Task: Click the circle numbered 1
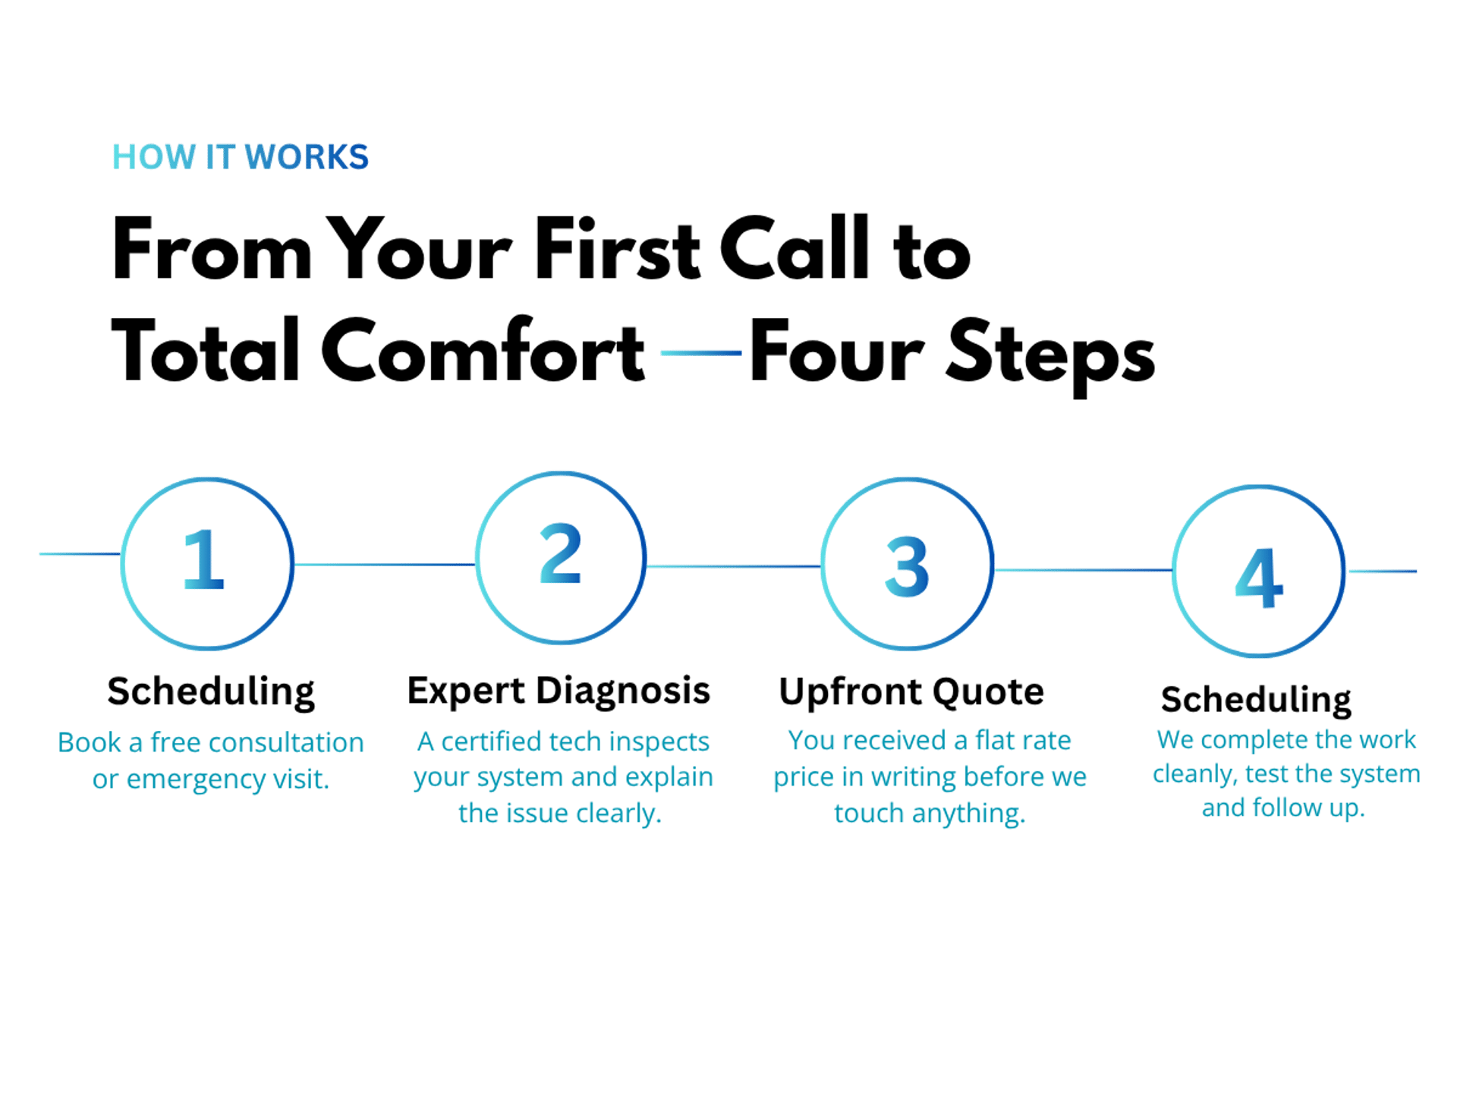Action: coord(206,563)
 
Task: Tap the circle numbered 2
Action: coord(561,558)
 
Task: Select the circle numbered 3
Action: coord(907,564)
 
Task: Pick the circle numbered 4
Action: coord(1259,571)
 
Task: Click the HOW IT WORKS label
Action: coord(240,157)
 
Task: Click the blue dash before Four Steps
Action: coord(701,353)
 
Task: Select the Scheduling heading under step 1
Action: coord(211,691)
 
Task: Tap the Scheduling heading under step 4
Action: coord(1256,700)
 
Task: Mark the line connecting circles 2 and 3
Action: coord(733,566)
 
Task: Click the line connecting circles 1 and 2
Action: coord(384,565)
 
